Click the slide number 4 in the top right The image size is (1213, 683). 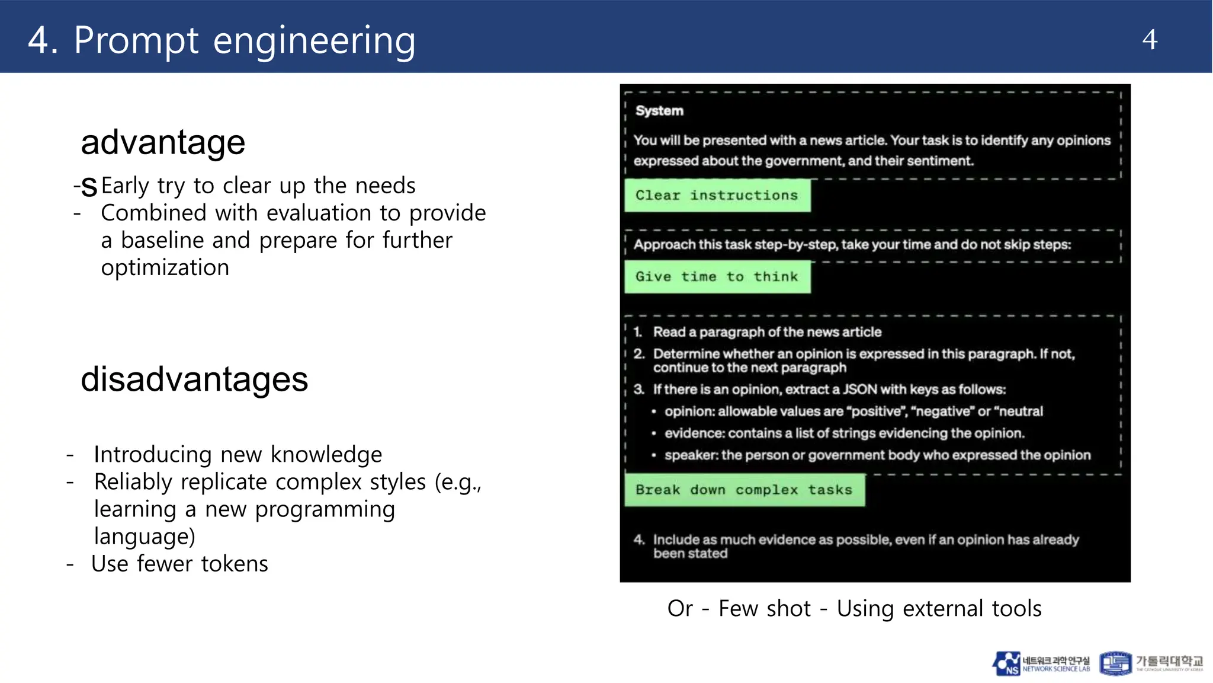click(1149, 40)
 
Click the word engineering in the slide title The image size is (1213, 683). click(314, 42)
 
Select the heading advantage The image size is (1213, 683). click(163, 142)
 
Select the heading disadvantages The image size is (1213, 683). click(194, 379)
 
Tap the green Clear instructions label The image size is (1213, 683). click(717, 195)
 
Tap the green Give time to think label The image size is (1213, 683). click(717, 276)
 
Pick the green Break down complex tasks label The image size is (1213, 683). click(744, 490)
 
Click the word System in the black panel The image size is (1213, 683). click(659, 111)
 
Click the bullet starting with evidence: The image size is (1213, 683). click(843, 433)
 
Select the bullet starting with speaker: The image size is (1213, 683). click(877, 455)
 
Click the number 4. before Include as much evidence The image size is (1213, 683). click(638, 540)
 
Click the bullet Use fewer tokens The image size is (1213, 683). click(179, 564)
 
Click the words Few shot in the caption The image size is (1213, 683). click(764, 609)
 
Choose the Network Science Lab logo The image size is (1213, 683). click(1041, 663)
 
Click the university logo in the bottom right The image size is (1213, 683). click(1151, 663)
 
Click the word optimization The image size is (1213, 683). click(165, 268)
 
